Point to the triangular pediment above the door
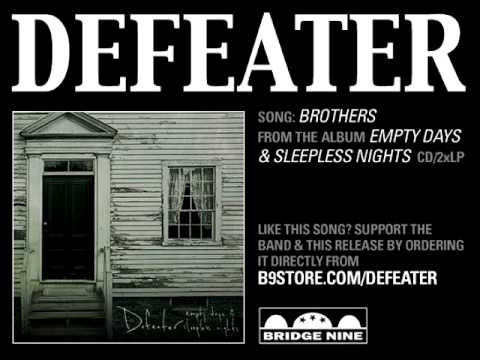tap(66, 126)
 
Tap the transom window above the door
tap(68, 166)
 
